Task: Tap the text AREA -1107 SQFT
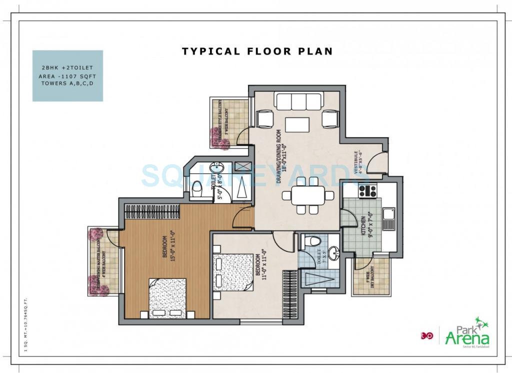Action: coord(67,76)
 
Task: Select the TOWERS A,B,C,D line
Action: coord(67,84)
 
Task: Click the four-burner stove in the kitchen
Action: coord(367,190)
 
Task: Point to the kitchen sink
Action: coord(388,218)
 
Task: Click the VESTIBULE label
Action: coord(358,162)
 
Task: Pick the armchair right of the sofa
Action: coord(330,119)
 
